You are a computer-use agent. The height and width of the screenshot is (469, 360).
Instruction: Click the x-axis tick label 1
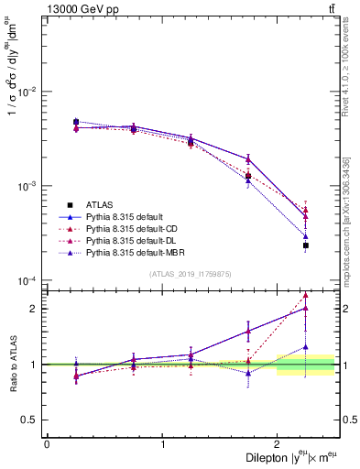pos(163,444)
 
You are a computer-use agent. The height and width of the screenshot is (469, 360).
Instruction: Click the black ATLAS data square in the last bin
pos(306,245)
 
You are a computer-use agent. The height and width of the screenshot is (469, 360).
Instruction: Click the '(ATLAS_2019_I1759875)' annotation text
pos(191,273)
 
